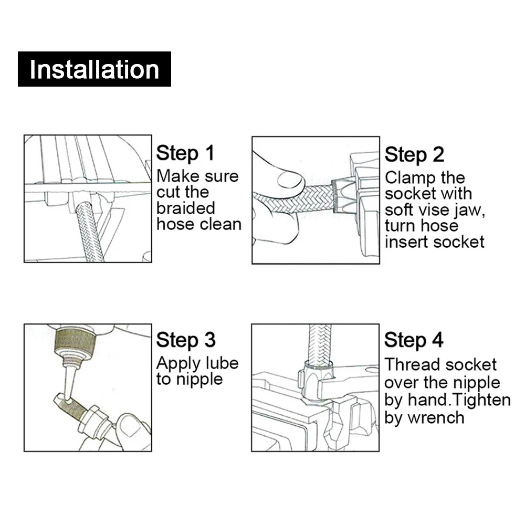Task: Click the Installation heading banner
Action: click(94, 69)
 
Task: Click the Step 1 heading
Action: click(185, 154)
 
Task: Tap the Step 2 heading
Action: click(415, 155)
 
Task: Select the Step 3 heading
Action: click(186, 340)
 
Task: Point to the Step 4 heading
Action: click(414, 340)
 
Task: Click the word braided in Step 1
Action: click(185, 208)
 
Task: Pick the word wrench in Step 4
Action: click(441, 418)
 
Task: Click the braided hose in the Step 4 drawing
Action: click(320, 344)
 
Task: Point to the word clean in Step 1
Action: click(223, 224)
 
